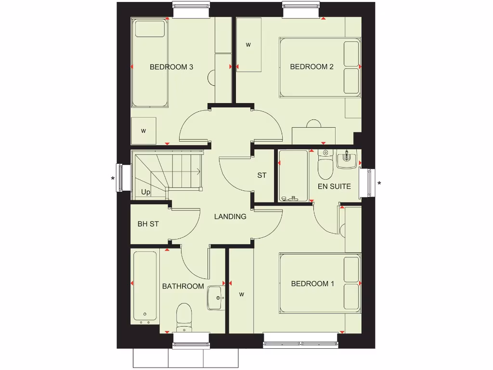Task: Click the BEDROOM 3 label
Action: tap(171, 67)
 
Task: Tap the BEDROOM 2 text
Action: tap(311, 67)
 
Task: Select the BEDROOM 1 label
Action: tap(312, 284)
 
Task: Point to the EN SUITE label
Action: tap(334, 186)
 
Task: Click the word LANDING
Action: tap(230, 217)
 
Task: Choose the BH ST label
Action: tap(148, 224)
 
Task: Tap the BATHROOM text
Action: tap(183, 286)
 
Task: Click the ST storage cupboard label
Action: tap(261, 175)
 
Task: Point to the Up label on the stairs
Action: tap(145, 192)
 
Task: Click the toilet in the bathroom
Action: tap(184, 317)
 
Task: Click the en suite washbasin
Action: tap(347, 159)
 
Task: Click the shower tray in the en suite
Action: tap(293, 176)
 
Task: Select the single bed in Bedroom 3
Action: tap(150, 63)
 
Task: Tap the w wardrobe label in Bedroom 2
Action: tap(248, 45)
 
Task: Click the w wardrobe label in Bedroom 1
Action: tap(242, 294)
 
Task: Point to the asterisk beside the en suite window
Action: tap(379, 184)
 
